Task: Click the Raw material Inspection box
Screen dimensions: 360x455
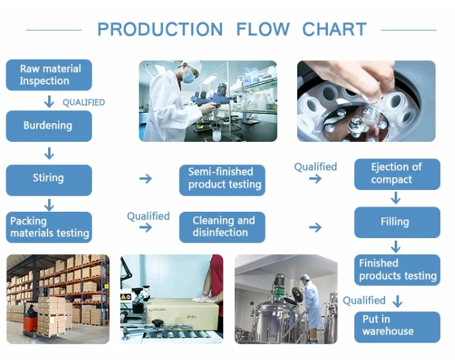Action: [49, 75]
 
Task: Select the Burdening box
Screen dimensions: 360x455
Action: [49, 126]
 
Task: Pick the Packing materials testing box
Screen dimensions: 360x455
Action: [49, 227]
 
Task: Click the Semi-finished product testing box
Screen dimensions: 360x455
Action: [221, 178]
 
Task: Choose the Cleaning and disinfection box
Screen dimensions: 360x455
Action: [221, 227]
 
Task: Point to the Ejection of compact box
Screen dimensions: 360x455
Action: [397, 174]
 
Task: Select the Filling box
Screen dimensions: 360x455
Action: [397, 222]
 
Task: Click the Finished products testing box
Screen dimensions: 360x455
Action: [397, 270]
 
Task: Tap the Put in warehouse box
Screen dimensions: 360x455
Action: [397, 326]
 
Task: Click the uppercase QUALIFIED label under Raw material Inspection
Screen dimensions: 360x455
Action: [83, 102]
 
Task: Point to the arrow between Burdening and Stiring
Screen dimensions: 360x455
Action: [49, 153]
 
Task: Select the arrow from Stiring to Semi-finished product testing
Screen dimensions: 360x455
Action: [146, 178]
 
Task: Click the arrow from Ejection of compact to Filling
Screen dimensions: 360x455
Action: [395, 198]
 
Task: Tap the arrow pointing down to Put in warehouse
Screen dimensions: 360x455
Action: [398, 300]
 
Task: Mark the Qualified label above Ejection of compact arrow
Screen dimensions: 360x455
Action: [315, 167]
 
